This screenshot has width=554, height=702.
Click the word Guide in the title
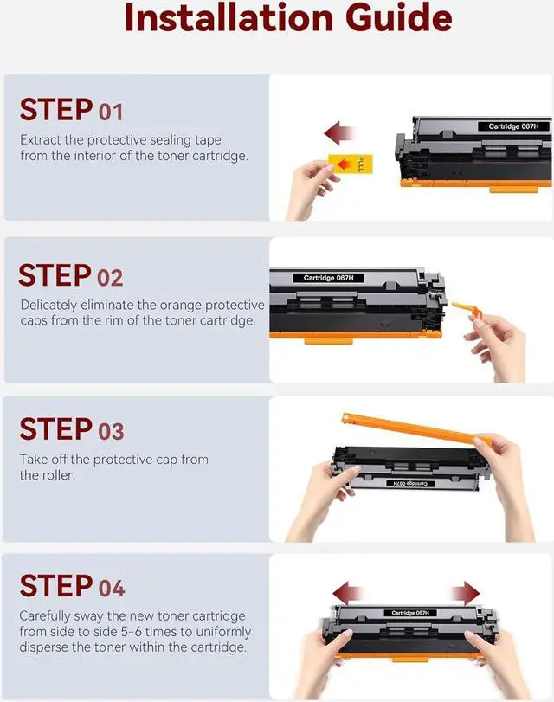398,17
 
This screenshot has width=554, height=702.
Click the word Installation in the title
229,17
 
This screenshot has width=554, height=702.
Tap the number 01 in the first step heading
111,112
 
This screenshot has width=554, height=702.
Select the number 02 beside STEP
110,278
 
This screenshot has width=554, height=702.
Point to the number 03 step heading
111,432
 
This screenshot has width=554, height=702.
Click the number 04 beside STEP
112,589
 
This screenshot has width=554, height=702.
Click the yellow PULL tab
351,164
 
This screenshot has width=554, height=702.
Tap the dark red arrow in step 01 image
339,132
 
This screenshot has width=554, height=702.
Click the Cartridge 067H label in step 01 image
513,126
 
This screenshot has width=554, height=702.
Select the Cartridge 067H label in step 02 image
328,278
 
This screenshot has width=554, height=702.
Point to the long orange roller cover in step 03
415,428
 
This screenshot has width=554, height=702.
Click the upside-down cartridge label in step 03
410,484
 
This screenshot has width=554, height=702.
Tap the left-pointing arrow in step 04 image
347,594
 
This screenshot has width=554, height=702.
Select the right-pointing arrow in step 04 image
466,594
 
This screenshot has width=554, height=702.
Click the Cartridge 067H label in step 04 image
410,613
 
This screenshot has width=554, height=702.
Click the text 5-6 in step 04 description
131,632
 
